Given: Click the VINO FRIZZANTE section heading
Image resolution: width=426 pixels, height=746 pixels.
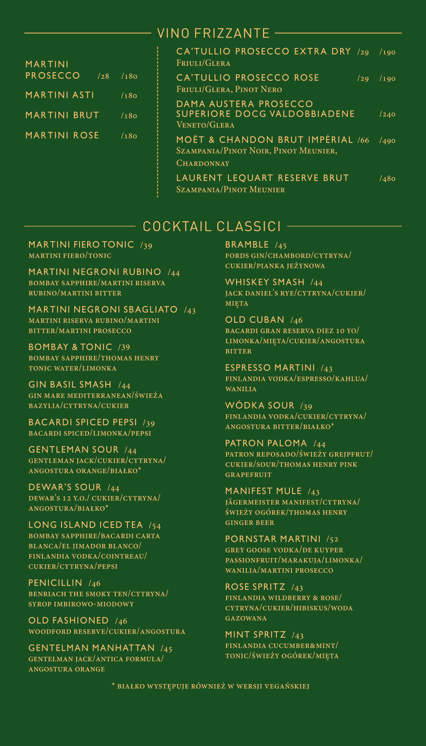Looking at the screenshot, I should [x=213, y=33].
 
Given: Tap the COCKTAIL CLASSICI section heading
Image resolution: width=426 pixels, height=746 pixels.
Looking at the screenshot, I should [x=211, y=227].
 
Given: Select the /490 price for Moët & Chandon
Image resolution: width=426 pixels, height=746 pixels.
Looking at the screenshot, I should [x=387, y=140].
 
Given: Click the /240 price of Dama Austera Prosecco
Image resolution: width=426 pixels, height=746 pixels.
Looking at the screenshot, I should [x=387, y=114].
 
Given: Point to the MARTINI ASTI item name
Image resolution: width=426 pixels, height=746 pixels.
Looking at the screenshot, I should [x=60, y=95].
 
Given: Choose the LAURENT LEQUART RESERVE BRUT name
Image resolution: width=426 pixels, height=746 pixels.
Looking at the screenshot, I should [x=262, y=178].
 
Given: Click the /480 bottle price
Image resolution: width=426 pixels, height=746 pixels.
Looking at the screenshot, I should [x=387, y=179].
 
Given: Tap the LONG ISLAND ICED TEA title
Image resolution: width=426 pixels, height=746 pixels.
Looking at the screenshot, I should [x=85, y=525].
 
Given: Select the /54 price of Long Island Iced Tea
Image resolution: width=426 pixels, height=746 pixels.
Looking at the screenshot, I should [x=155, y=525].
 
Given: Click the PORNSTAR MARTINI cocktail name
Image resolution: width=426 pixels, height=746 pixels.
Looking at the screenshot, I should [x=273, y=539].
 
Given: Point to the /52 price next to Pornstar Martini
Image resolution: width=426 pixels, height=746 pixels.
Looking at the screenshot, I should [x=332, y=539].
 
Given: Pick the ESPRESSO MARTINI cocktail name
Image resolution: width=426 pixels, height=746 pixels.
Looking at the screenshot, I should [x=270, y=367].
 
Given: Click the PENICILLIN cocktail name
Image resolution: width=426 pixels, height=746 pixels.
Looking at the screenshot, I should [x=55, y=582].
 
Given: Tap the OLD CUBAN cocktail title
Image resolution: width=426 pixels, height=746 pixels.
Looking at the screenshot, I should [x=254, y=320].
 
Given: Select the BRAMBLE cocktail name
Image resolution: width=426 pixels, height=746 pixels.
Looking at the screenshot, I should [x=247, y=244].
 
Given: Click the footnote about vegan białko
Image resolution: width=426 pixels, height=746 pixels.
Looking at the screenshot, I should [x=210, y=686].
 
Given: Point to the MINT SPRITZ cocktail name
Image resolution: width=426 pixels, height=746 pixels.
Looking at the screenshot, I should [x=255, y=635].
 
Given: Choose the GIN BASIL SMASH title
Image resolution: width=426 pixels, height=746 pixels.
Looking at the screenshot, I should [x=70, y=384].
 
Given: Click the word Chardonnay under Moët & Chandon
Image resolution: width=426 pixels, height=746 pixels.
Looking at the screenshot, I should [x=203, y=163].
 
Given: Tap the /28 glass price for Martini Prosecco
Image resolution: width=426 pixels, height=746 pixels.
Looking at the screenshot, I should [x=104, y=76].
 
